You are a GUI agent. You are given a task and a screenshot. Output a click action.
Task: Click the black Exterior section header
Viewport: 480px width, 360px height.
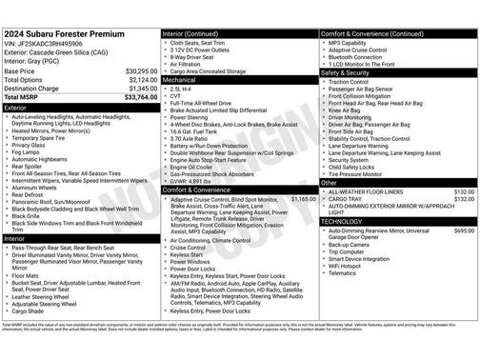(x=81, y=109)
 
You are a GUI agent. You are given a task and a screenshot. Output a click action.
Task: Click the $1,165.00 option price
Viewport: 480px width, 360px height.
(x=302, y=198)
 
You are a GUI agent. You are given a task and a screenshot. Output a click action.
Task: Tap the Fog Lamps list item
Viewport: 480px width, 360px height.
(x=27, y=151)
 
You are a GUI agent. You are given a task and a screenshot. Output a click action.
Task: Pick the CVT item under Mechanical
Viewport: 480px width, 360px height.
(x=176, y=95)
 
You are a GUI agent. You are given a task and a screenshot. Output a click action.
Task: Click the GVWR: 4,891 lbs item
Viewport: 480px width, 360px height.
(x=198, y=180)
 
